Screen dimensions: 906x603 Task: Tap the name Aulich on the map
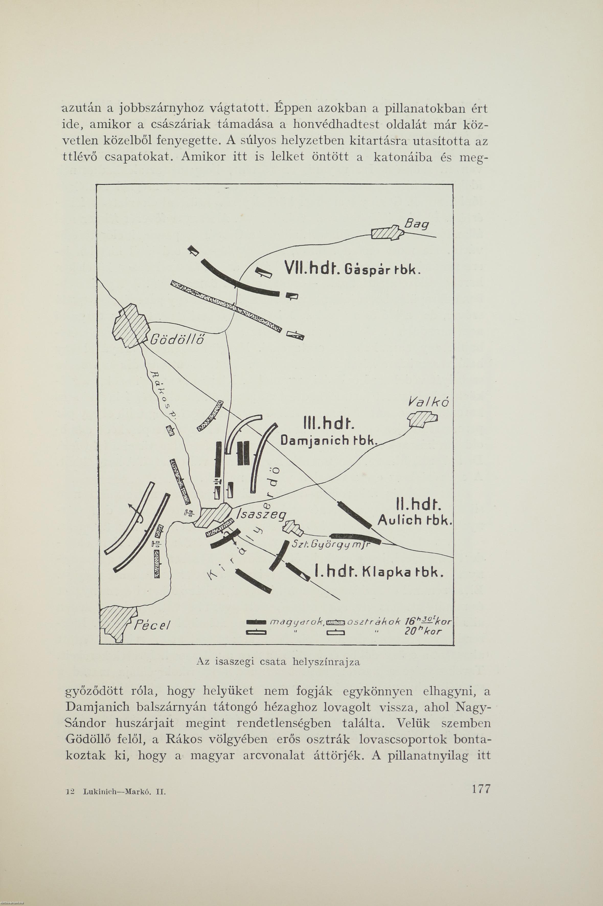[400, 521]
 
